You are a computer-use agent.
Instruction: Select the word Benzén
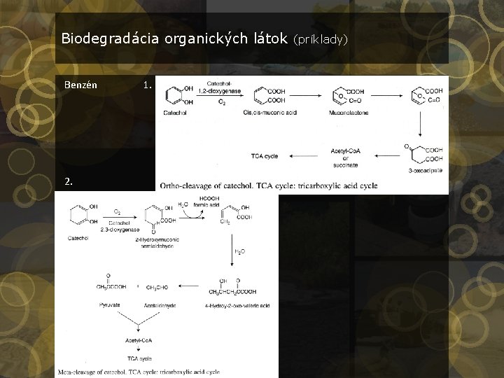(x=80, y=85)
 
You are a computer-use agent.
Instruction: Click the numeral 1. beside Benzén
(x=147, y=85)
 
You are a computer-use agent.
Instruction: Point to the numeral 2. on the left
(x=68, y=181)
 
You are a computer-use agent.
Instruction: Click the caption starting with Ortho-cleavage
(x=268, y=185)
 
